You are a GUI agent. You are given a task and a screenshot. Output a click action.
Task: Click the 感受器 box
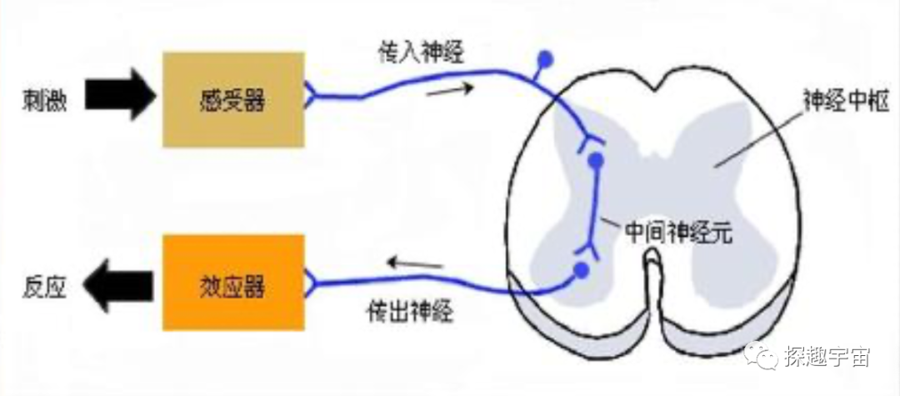pos(233,100)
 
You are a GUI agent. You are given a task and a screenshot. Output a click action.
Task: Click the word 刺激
pos(45,101)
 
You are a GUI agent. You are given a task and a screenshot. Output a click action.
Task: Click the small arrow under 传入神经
pos(450,89)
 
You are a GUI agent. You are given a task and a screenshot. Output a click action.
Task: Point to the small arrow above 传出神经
pos(414,265)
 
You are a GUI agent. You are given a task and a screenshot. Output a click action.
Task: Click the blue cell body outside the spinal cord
pos(546,59)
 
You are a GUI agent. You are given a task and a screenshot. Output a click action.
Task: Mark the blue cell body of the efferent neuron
pos(582,270)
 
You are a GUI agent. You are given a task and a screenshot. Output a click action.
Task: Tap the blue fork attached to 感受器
pos(312,97)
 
